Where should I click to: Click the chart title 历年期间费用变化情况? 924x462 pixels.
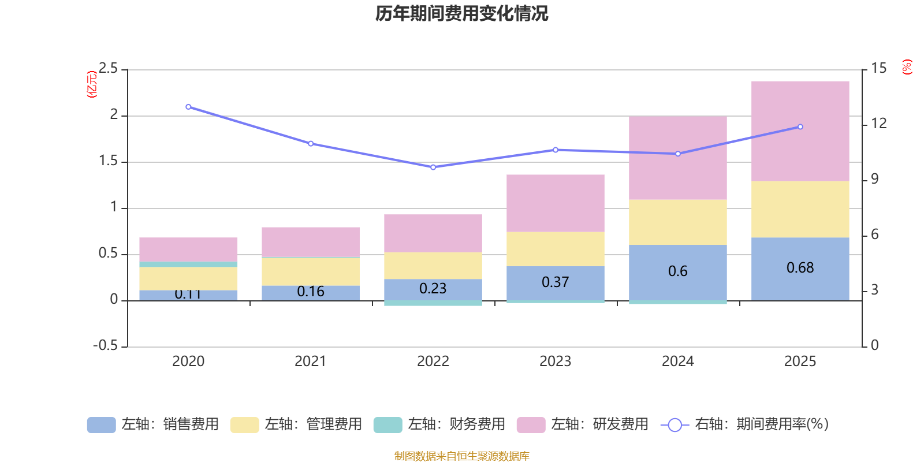point(461,13)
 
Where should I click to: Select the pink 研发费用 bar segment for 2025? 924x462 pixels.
point(800,131)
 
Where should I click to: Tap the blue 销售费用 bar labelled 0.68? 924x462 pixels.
point(800,269)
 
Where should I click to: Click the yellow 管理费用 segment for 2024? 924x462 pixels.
point(677,222)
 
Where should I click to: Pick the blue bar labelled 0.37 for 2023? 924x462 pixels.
point(555,282)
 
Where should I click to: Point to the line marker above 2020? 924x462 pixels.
point(188,107)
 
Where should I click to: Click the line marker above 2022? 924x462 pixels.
point(433,167)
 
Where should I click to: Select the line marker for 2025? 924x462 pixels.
point(800,127)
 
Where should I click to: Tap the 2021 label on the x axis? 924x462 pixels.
point(310,362)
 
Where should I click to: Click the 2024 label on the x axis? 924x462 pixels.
point(677,362)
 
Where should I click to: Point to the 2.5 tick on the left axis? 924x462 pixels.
point(108,69)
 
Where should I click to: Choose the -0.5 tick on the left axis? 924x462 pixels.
point(105,345)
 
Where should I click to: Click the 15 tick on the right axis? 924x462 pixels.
point(878,69)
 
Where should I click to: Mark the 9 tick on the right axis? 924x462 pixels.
point(875,179)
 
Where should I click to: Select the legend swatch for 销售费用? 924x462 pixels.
point(101,425)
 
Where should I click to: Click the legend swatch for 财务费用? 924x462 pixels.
point(388,425)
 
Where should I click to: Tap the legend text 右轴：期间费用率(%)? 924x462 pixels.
point(761,424)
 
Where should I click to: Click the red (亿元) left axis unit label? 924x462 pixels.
point(91,84)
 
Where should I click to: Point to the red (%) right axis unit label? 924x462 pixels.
point(907,67)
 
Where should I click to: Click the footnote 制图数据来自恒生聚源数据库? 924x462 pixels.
point(461,456)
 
